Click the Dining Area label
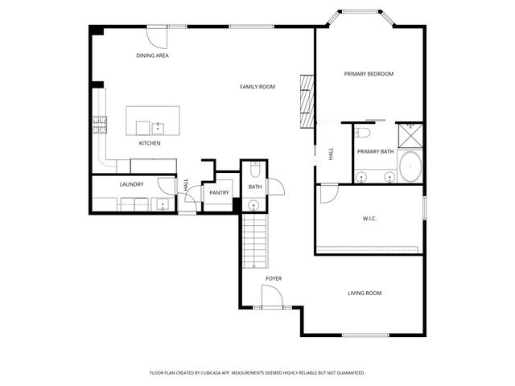(x=152, y=55)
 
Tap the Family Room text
(x=257, y=86)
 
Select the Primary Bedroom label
(x=369, y=74)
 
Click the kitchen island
(x=153, y=121)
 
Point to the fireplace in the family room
(x=306, y=101)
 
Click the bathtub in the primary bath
(x=410, y=166)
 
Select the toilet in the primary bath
(x=361, y=133)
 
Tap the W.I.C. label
(x=369, y=218)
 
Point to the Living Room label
(x=364, y=294)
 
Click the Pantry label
(x=219, y=193)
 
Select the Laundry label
(x=131, y=184)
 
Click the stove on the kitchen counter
(x=101, y=124)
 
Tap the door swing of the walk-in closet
(x=328, y=194)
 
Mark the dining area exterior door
(x=156, y=35)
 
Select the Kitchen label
(x=150, y=143)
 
